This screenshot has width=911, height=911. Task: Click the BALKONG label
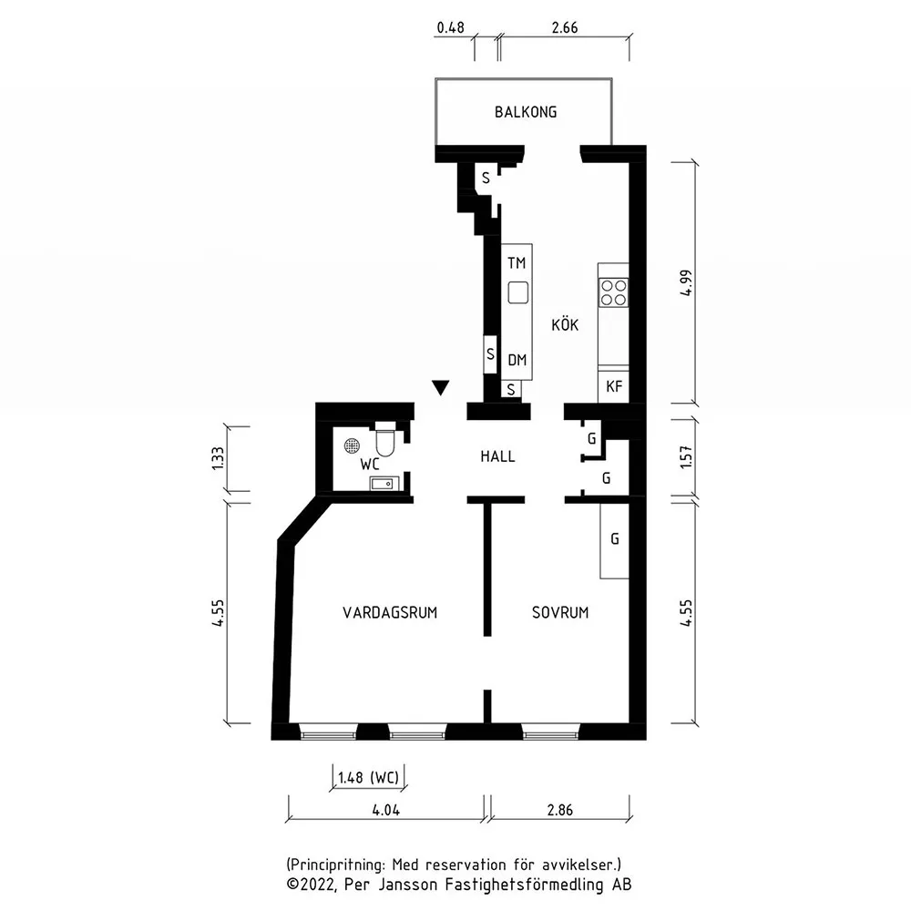click(526, 111)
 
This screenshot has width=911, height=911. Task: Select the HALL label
click(497, 456)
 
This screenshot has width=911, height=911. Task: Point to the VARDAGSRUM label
click(389, 612)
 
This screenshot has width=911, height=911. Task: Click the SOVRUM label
click(560, 612)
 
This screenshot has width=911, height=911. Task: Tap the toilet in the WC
click(385, 440)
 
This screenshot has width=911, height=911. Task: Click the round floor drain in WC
click(352, 445)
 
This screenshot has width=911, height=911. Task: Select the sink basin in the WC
click(384, 483)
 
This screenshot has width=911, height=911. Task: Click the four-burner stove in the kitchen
click(613, 292)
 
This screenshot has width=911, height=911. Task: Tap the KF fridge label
click(613, 386)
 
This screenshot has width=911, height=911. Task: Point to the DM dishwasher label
click(517, 360)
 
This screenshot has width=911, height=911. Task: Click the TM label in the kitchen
click(516, 263)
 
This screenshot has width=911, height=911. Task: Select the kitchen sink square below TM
click(517, 292)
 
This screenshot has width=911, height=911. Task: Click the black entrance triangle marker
click(440, 387)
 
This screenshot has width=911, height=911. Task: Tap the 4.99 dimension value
click(686, 283)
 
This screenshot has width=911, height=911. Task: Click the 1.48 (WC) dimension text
click(368, 777)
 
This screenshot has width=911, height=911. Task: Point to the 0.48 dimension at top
click(450, 27)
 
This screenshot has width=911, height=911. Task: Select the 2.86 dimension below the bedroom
click(559, 810)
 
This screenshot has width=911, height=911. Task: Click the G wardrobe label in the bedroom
click(615, 538)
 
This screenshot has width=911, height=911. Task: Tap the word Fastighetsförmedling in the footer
click(525, 885)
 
